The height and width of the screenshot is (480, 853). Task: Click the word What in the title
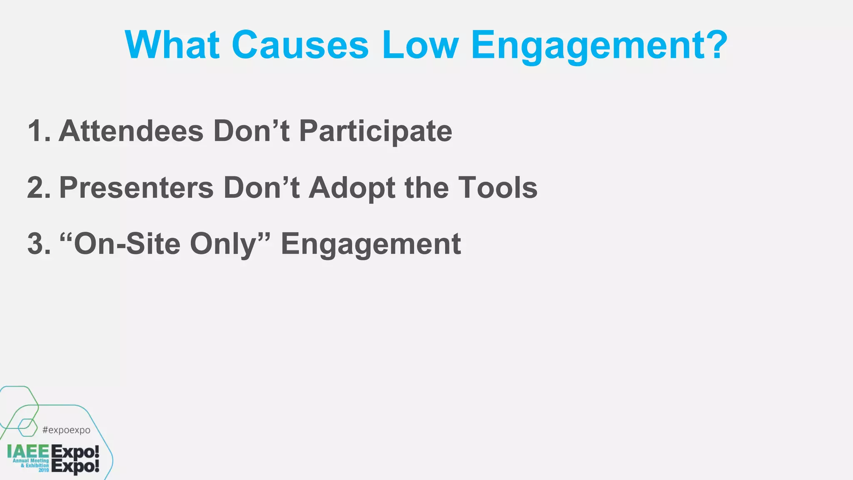172,45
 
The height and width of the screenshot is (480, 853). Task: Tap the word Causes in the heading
300,45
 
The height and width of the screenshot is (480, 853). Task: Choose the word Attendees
131,131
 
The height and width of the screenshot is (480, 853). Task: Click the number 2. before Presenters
39,188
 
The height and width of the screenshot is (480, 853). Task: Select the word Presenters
136,188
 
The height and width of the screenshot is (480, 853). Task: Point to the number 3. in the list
39,244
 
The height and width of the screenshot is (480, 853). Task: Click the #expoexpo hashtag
66,430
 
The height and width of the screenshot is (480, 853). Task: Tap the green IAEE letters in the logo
28,452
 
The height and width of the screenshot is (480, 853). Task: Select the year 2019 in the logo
44,470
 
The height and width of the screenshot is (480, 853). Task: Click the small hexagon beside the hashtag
27,427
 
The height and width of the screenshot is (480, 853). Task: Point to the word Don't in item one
251,131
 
